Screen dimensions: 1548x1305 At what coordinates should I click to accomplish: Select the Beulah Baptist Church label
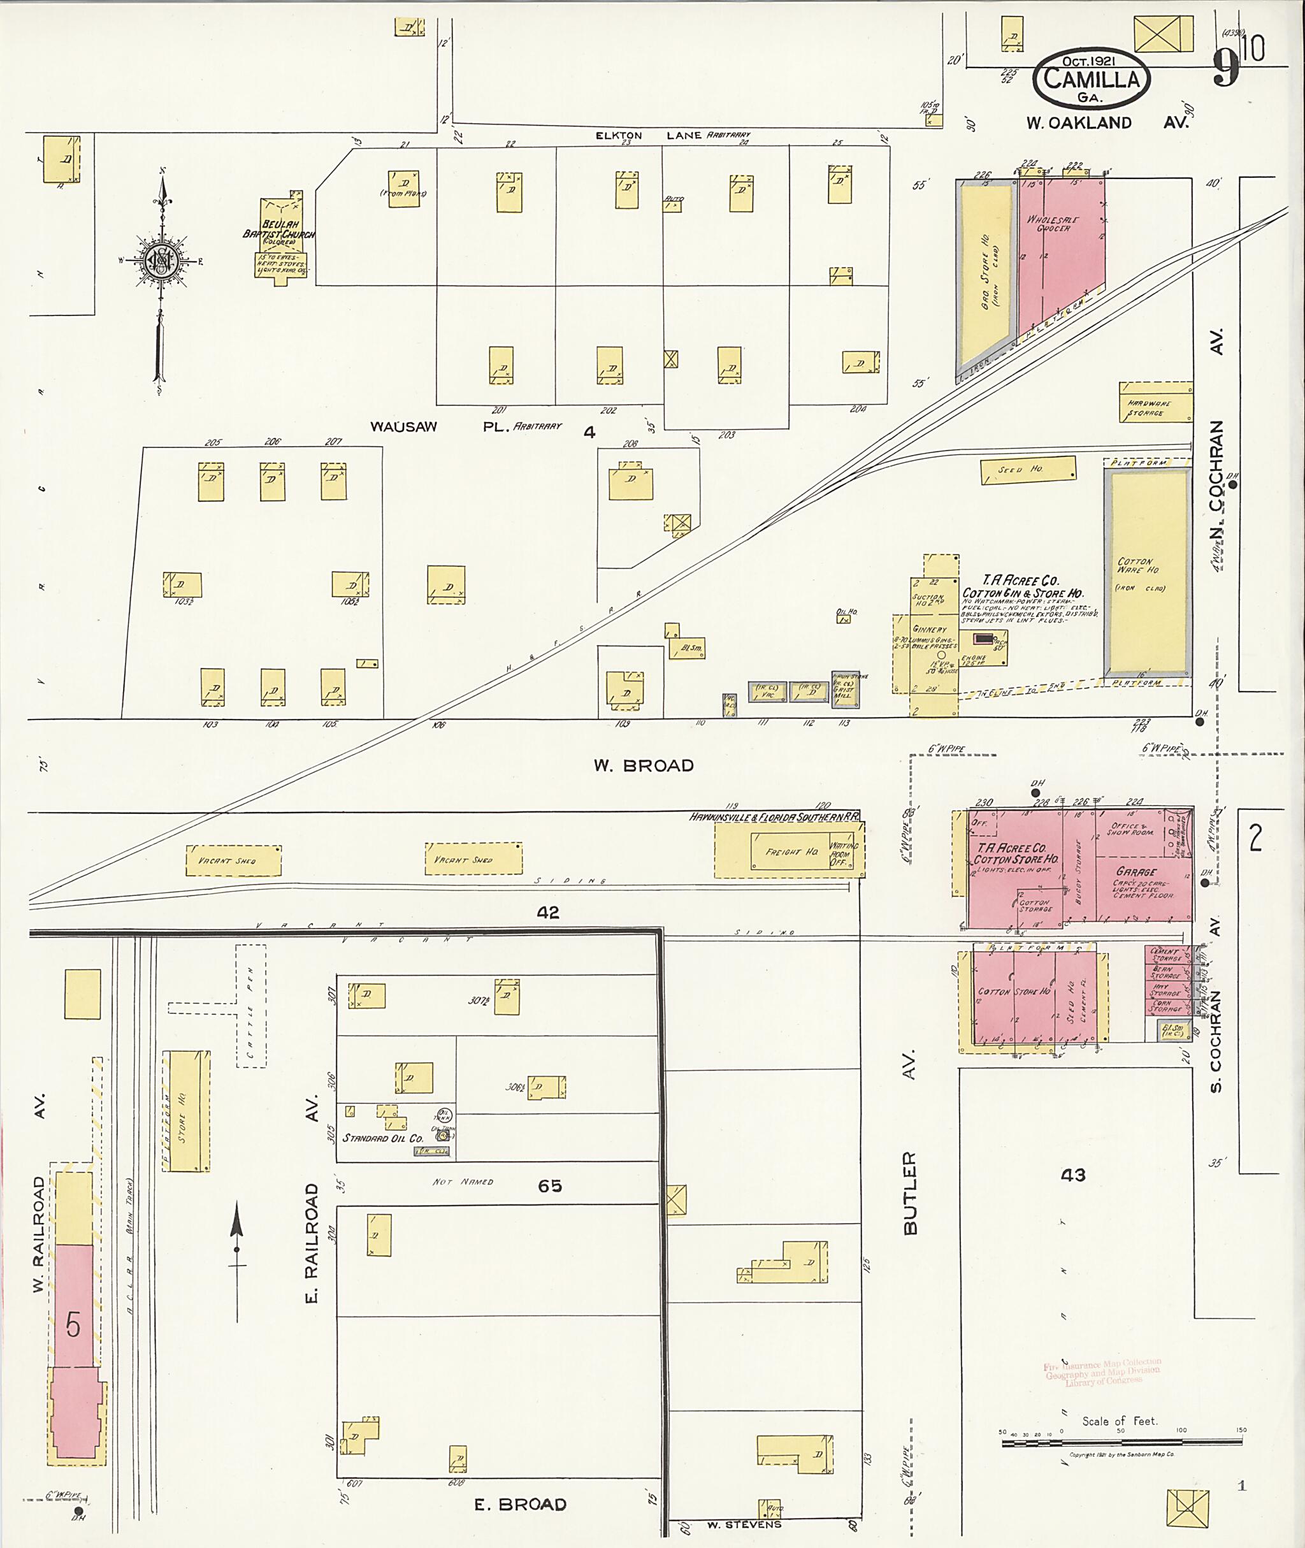[x=279, y=229]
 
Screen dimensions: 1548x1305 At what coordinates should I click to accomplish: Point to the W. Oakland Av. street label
[x=1106, y=123]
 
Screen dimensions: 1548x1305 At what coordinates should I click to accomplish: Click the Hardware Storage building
[x=1155, y=403]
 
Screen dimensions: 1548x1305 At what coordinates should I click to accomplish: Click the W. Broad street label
[x=644, y=766]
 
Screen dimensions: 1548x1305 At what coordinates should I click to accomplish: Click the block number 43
[x=1072, y=1175]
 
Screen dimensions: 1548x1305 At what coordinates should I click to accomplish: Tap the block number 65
[x=550, y=1185]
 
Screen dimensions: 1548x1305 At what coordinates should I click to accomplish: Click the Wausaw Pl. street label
[x=466, y=427]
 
